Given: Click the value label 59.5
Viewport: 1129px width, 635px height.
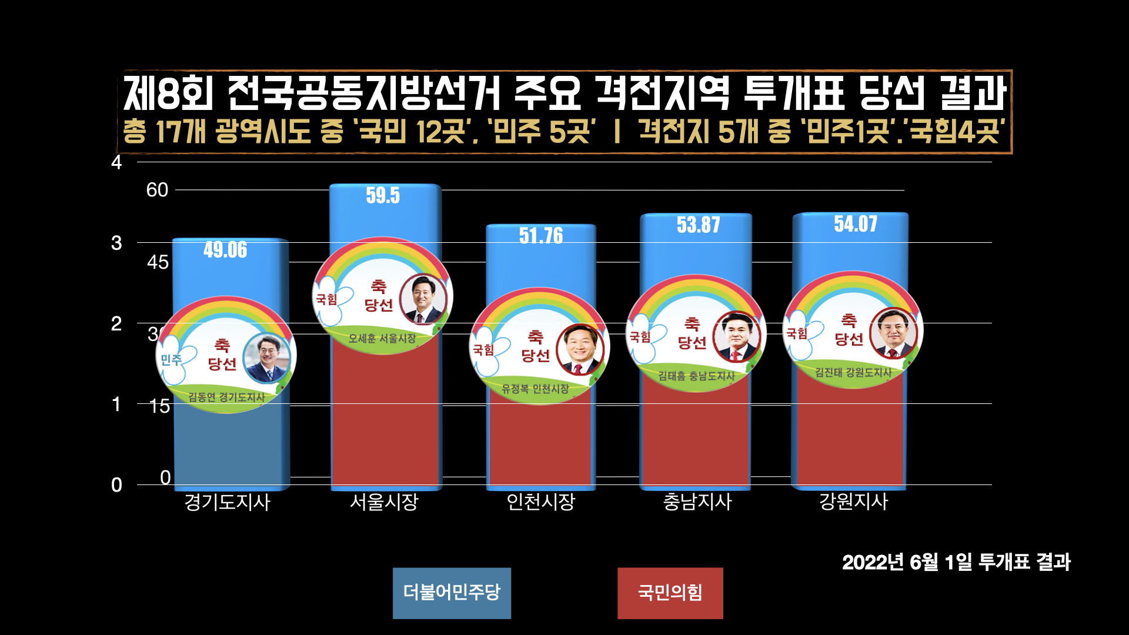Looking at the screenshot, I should [x=383, y=195].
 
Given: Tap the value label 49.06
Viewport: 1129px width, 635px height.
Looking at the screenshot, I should [x=225, y=250].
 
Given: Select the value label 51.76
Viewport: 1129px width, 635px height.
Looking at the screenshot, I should [x=540, y=236].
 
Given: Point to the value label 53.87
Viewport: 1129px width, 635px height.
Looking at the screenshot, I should [x=698, y=225].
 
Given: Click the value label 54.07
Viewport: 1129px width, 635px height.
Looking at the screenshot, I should [x=856, y=224].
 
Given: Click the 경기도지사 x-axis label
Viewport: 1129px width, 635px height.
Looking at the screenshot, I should [x=227, y=502].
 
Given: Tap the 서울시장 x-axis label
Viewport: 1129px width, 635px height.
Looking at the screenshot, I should [x=384, y=502].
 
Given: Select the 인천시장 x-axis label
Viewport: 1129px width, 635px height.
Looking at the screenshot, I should [x=540, y=502].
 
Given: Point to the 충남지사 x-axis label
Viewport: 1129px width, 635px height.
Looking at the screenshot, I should [x=697, y=502].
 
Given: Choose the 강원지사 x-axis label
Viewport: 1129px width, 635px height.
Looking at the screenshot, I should [x=854, y=502].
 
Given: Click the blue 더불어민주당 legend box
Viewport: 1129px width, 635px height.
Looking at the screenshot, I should [x=452, y=593].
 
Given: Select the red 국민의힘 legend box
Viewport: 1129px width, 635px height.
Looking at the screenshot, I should [x=670, y=593].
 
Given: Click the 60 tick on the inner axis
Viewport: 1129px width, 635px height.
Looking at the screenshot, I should [x=157, y=190].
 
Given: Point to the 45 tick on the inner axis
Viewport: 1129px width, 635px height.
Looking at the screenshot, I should [x=158, y=262].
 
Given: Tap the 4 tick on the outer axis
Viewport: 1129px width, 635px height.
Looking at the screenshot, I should [x=116, y=162].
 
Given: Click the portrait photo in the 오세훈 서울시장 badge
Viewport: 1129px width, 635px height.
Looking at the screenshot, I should [x=422, y=299].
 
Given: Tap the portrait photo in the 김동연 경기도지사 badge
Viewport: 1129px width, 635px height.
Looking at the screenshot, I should [x=266, y=357].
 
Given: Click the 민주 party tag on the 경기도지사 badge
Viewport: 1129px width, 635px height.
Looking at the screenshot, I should [x=171, y=359].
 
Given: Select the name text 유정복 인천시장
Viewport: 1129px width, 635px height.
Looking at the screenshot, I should [x=535, y=389].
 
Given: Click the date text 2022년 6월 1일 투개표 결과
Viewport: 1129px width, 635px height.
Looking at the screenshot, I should [x=956, y=562].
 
